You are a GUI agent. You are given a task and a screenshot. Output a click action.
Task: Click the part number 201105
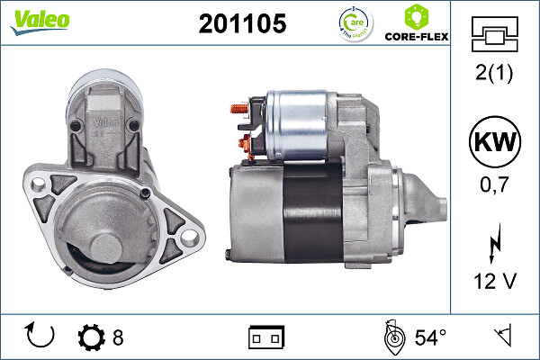[242, 24]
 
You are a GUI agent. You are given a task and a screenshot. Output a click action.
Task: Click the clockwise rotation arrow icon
[40, 337]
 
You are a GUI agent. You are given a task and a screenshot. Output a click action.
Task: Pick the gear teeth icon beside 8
[93, 338]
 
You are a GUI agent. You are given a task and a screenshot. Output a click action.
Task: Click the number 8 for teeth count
[118, 338]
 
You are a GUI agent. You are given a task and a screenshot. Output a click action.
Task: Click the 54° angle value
[430, 338]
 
